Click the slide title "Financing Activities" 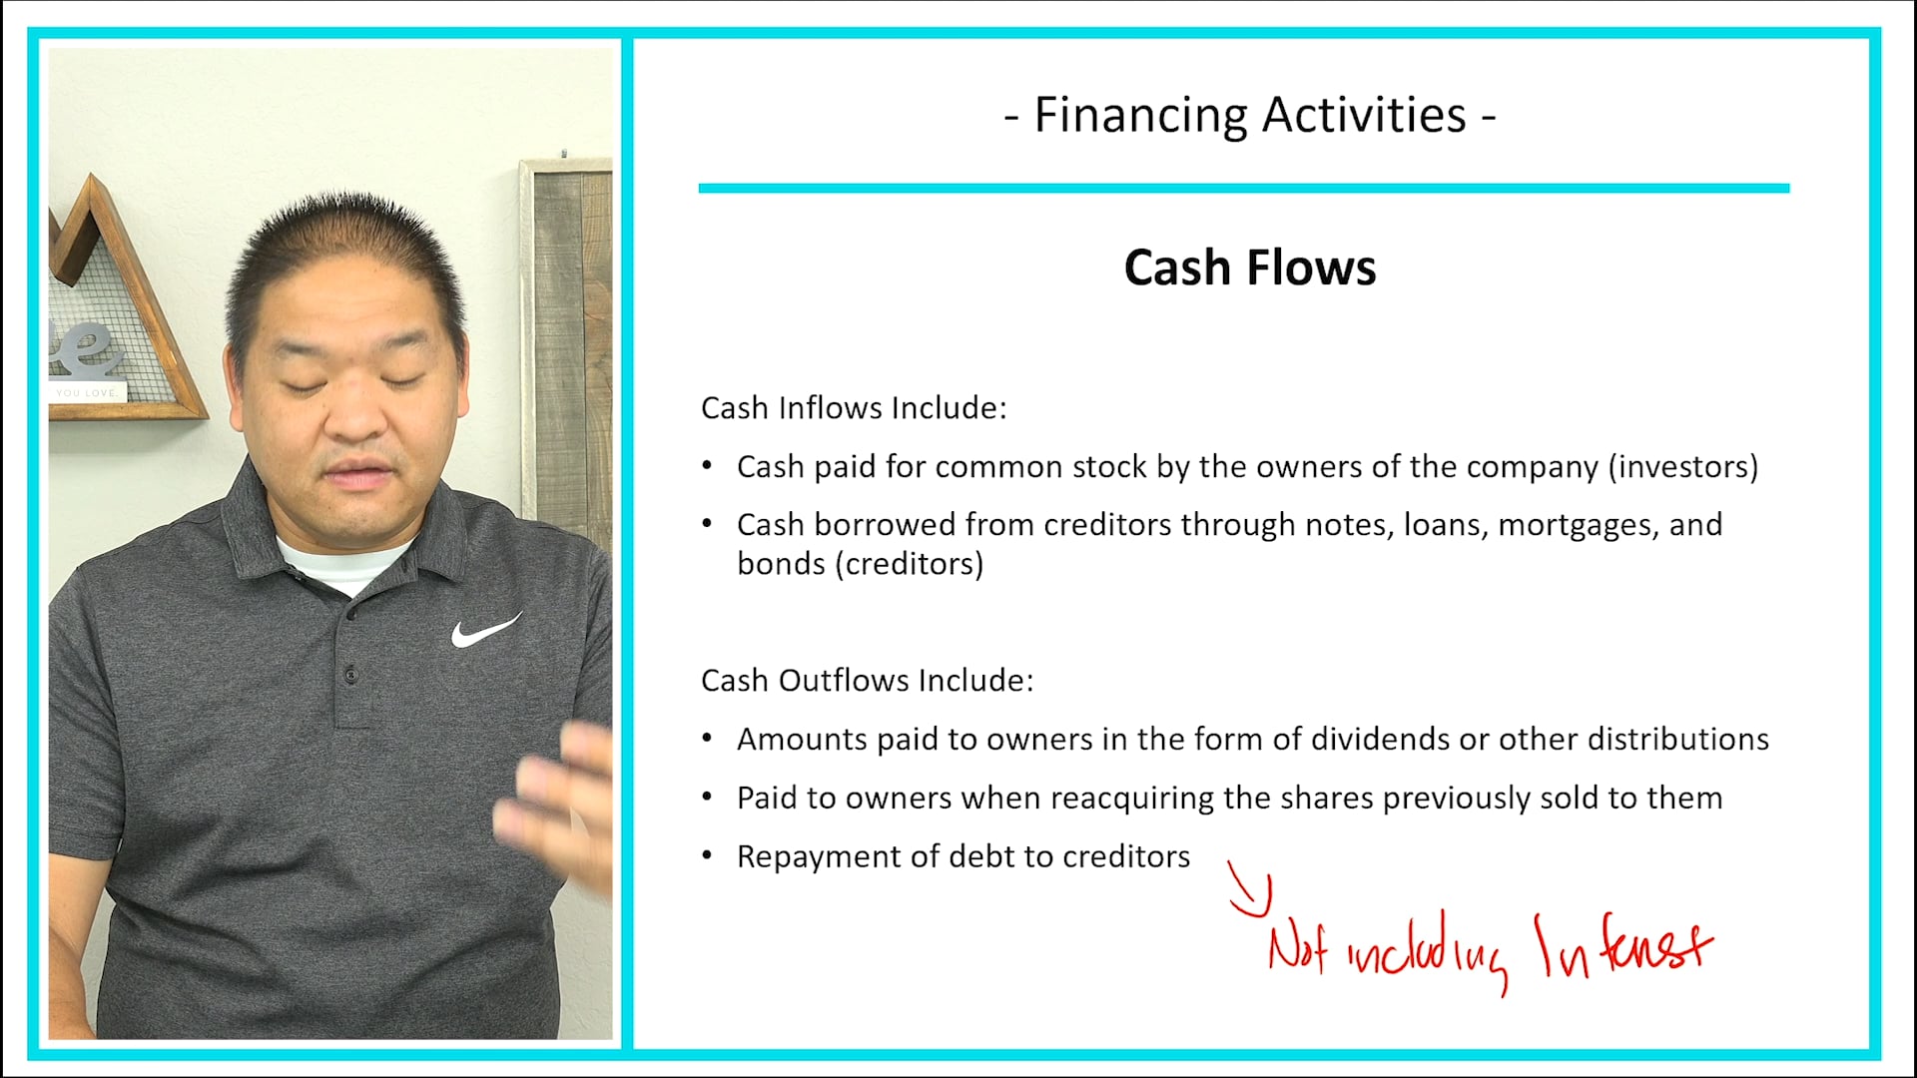click(1249, 115)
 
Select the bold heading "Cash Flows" click(1249, 268)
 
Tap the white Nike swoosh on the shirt click(485, 631)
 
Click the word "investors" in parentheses click(1682, 467)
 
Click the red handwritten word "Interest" click(1623, 946)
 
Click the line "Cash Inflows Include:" click(854, 408)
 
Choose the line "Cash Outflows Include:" click(867, 681)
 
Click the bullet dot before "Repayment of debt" click(707, 855)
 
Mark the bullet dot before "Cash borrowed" click(707, 523)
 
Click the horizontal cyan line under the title click(1243, 188)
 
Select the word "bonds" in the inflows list click(781, 564)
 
